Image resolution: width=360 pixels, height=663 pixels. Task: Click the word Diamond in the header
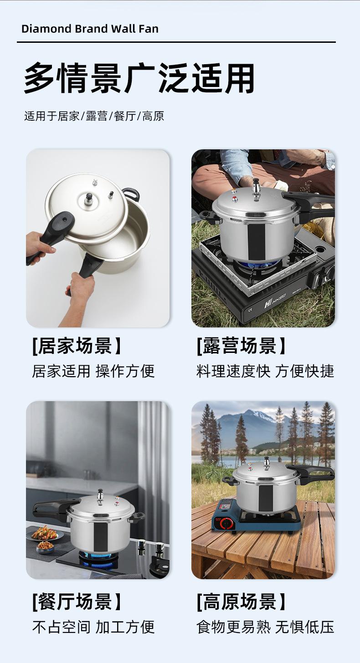(46, 29)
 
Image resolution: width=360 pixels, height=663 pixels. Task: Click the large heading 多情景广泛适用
(139, 78)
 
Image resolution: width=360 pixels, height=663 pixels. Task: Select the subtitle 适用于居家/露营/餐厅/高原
(94, 116)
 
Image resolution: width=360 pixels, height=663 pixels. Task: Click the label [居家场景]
(77, 346)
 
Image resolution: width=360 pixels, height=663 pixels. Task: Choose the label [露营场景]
(241, 346)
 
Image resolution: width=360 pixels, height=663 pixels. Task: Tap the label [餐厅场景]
(77, 601)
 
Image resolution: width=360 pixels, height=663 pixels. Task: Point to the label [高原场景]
(241, 601)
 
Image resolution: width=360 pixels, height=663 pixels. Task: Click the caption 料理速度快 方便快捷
(265, 371)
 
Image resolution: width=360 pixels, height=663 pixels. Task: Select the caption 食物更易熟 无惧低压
(265, 627)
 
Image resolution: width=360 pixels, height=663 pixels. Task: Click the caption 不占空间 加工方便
(93, 627)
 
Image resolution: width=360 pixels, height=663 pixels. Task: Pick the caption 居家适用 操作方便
(93, 371)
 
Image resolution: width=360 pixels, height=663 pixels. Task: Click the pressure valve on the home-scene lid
(88, 199)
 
